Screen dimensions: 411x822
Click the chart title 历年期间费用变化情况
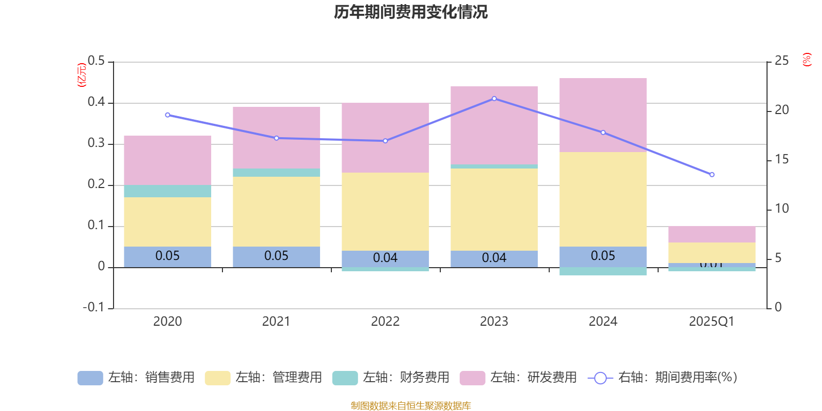coord(410,12)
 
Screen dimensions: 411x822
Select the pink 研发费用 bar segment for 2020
coord(167,160)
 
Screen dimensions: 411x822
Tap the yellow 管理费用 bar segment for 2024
coord(603,199)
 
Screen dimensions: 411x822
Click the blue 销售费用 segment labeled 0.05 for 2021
coord(276,256)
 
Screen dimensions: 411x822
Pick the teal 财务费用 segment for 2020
coord(167,191)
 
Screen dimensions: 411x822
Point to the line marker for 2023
coord(494,99)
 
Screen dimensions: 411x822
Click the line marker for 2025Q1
coord(712,175)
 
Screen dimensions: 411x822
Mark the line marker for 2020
coord(167,115)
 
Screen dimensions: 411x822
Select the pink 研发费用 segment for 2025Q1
coord(712,234)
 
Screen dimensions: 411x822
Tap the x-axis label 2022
coord(385,322)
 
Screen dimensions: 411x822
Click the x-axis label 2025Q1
coord(712,322)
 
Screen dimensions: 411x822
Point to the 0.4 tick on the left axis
coord(96,102)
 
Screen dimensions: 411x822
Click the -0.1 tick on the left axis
coord(94,307)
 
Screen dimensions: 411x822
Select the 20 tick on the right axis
coord(781,110)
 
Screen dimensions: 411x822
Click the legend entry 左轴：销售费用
coord(136,378)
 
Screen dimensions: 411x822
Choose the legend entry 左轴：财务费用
coord(391,378)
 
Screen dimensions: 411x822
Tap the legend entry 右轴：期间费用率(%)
coord(663,378)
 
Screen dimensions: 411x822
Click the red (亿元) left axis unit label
coord(82,75)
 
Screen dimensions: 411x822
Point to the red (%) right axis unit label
coord(807,60)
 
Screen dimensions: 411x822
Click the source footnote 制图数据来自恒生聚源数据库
coord(410,406)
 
